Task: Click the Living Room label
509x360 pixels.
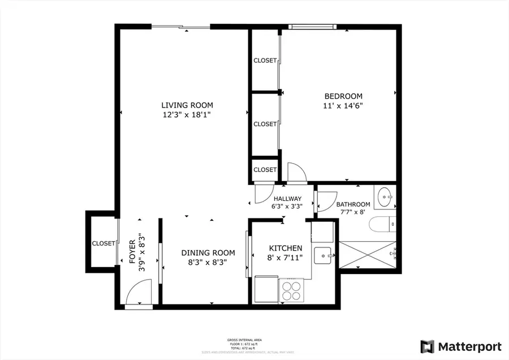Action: (187, 105)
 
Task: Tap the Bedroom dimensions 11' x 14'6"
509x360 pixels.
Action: (343, 106)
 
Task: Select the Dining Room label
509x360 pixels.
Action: (204, 253)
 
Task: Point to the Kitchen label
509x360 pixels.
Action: (286, 248)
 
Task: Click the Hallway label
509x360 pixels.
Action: (287, 199)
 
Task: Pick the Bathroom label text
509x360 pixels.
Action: (353, 204)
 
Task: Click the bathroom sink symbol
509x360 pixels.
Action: (385, 198)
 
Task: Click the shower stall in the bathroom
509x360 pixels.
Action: (367, 254)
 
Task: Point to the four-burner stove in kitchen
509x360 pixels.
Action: (291, 290)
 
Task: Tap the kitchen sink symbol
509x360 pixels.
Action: (325, 256)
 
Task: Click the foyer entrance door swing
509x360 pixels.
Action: (137, 294)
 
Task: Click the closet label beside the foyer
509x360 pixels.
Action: (103, 243)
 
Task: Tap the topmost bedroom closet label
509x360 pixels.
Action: (265, 61)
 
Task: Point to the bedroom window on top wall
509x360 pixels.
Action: (312, 27)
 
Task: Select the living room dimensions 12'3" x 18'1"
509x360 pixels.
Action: (187, 115)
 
